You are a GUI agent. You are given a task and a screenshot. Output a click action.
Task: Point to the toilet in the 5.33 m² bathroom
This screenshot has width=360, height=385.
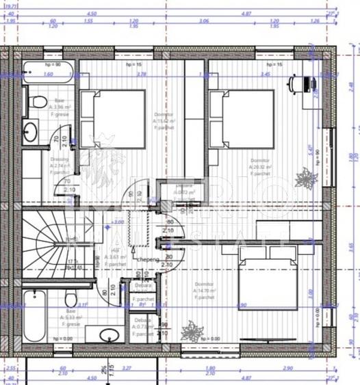pos(70,299)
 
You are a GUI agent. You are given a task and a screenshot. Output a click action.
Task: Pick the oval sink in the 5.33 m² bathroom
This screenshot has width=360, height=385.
pos(108,336)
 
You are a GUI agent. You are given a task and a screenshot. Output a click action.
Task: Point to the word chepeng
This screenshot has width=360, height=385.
pos(148,260)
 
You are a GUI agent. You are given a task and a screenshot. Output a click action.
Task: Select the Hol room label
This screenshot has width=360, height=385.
pos(115,254)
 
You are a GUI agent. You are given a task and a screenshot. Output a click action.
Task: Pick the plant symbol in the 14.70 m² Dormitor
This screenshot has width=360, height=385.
pos(192,332)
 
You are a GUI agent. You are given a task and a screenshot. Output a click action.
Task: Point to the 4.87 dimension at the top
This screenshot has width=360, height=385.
pos(266,12)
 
